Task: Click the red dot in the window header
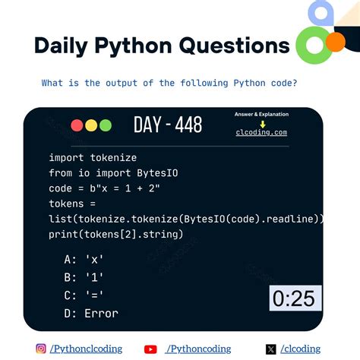pyautogui.click(x=77, y=125)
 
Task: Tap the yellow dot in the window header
pyautogui.click(x=91, y=125)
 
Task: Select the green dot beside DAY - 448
pyautogui.click(x=105, y=125)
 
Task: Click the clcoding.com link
pyautogui.click(x=261, y=132)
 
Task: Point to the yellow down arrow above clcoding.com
pyautogui.click(x=262, y=124)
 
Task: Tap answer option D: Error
pyautogui.click(x=91, y=313)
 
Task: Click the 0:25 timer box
pyautogui.click(x=295, y=298)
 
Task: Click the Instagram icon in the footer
pyautogui.click(x=41, y=349)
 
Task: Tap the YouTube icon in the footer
pyautogui.click(x=150, y=349)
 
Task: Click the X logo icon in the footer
pyautogui.click(x=271, y=349)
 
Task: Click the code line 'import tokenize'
pyautogui.click(x=93, y=157)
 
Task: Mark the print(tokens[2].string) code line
pyautogui.click(x=115, y=234)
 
